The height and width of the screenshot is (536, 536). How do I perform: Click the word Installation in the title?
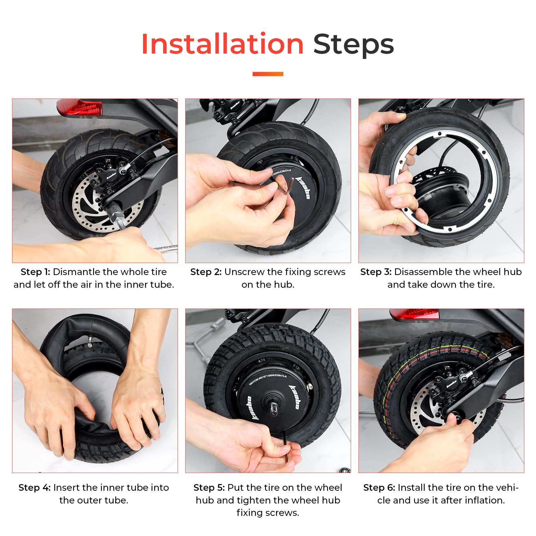pos(222,44)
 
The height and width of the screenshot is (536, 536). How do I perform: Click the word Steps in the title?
pos(353,44)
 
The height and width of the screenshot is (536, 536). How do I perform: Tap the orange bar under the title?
pos(268,74)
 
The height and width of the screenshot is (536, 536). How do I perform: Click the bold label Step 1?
pos(35,272)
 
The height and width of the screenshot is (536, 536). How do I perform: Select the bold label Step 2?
pos(206,272)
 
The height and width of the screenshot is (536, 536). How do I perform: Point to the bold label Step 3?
pos(376,272)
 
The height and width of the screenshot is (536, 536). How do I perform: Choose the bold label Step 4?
pos(34,487)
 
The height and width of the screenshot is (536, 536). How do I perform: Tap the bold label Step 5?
pos(209,487)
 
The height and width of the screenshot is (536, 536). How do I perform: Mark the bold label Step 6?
pos(379,487)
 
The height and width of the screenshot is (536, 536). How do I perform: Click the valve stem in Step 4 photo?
pos(90,342)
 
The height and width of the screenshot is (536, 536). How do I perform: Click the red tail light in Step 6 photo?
pos(415,314)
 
